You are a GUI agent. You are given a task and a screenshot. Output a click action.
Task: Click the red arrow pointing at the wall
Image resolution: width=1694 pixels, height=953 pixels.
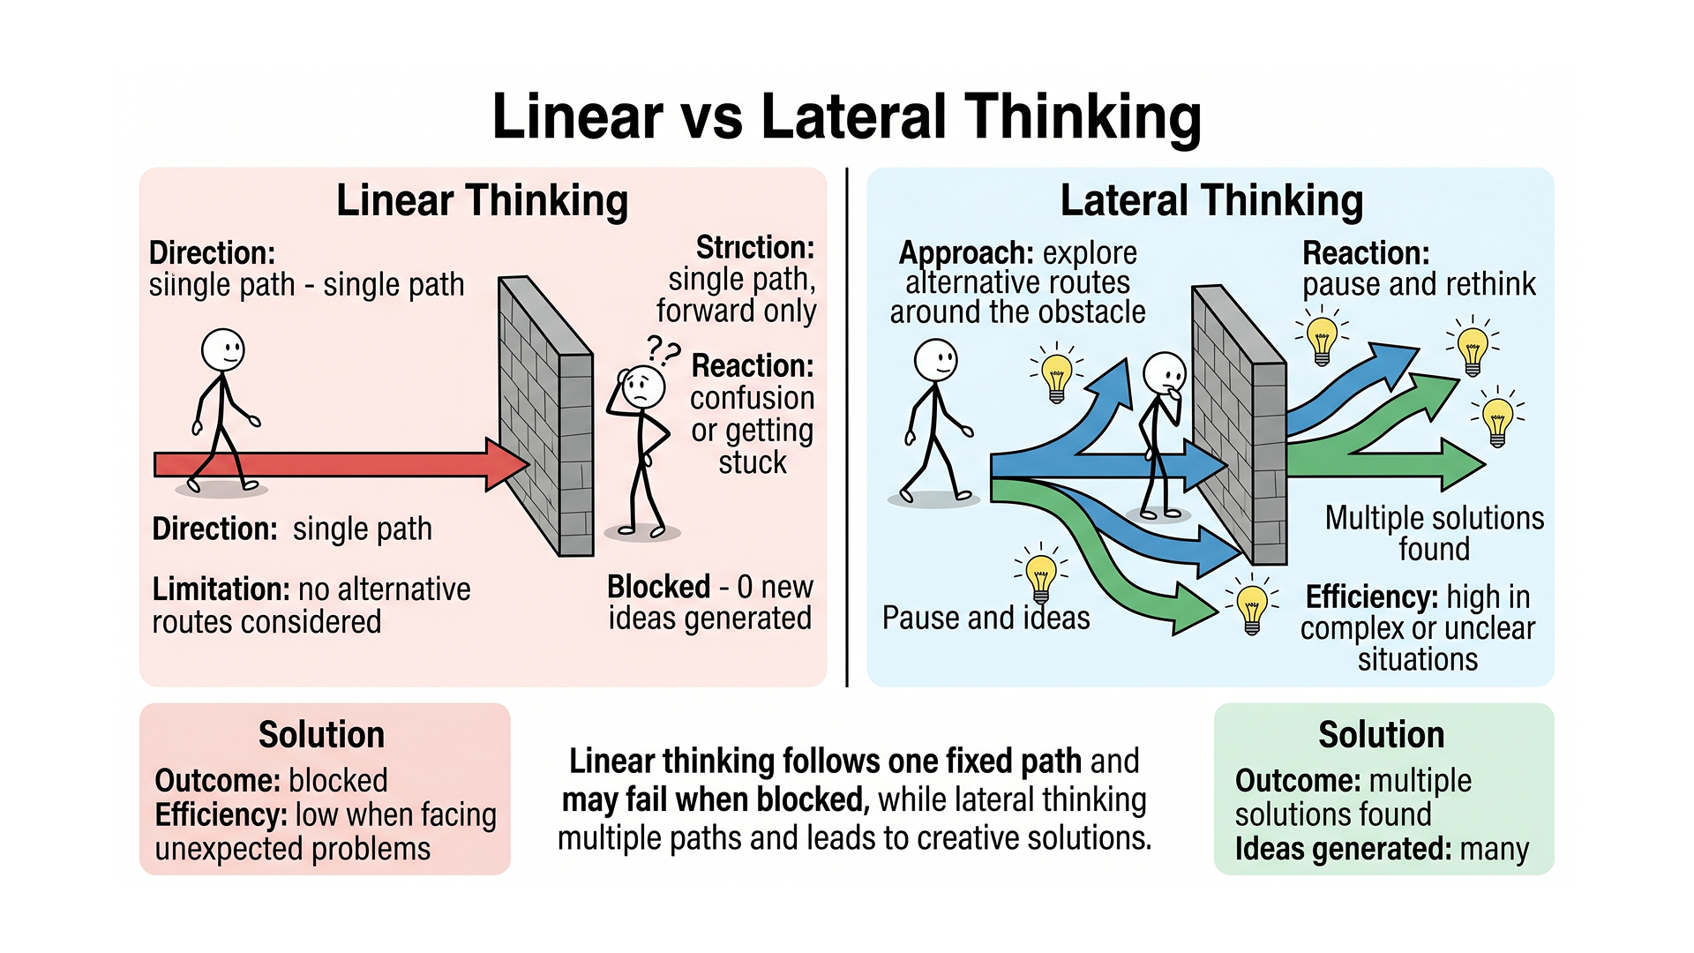coord(335,464)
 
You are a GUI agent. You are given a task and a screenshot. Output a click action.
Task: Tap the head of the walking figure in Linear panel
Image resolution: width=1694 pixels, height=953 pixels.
coord(222,349)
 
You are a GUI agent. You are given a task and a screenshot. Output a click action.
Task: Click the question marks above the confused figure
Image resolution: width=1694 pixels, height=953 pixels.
coord(663,350)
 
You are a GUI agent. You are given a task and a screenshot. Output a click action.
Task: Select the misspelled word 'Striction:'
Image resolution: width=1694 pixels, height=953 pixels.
coord(754,247)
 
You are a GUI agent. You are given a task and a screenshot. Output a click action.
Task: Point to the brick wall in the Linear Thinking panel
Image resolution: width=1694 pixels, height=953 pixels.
coord(547,415)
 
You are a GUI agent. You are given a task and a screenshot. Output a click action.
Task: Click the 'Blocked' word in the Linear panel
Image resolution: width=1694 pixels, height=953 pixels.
coord(658,587)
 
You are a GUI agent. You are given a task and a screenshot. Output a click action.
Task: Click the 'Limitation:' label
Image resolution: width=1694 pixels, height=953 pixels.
coord(221,589)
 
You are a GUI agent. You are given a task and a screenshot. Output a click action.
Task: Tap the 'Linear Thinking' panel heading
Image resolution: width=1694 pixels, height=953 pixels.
coord(482,200)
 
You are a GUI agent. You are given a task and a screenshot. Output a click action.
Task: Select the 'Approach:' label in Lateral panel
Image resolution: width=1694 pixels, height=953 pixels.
coord(966,253)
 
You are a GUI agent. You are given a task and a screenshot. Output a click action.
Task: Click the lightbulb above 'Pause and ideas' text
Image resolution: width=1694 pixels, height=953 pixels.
coord(1041,575)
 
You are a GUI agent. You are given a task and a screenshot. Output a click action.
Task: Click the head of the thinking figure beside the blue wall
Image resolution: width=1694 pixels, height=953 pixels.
coord(1165,372)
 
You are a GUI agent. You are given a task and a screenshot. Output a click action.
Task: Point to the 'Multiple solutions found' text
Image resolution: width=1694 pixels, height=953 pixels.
coord(1434,533)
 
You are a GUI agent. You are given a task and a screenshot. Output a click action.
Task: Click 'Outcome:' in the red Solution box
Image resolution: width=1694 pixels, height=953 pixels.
coord(217,781)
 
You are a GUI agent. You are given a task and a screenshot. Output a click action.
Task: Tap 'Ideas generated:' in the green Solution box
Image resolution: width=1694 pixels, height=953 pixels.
coord(1343,849)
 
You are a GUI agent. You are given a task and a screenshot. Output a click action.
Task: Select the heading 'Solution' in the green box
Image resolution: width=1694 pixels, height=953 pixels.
coord(1381,735)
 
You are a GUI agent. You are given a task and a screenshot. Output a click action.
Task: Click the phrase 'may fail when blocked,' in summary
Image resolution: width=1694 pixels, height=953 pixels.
coord(716,800)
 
